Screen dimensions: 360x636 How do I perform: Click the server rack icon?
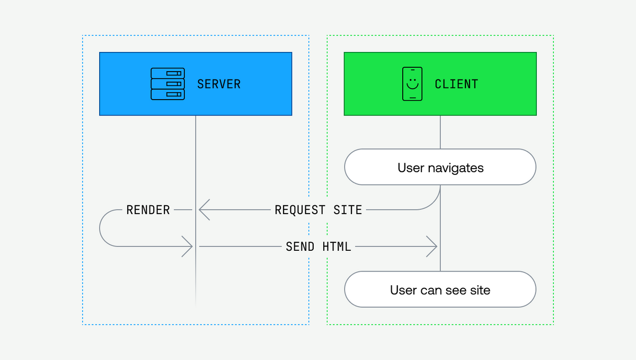coord(167,84)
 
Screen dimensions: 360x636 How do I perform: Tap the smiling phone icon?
coord(412,84)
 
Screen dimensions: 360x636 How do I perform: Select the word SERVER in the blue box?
coord(218,84)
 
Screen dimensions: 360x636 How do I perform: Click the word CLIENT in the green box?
coord(456,84)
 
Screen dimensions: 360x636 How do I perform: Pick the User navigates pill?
coord(440,168)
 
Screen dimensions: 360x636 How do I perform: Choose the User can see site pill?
coord(440,289)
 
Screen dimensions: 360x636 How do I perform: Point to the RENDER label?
coord(148,210)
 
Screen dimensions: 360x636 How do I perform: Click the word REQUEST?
coord(300,210)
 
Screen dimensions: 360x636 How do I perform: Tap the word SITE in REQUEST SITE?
coord(348,210)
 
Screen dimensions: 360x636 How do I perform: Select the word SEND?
coord(300,247)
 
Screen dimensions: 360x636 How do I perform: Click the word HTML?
coord(337,247)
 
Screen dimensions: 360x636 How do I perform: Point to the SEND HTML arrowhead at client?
coord(434,247)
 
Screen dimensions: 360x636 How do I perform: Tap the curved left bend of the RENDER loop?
coord(101,229)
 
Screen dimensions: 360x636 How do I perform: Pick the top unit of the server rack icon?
coord(167,73)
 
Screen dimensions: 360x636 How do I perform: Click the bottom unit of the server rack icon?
coord(167,94)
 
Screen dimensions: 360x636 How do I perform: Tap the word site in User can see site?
coord(480,290)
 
